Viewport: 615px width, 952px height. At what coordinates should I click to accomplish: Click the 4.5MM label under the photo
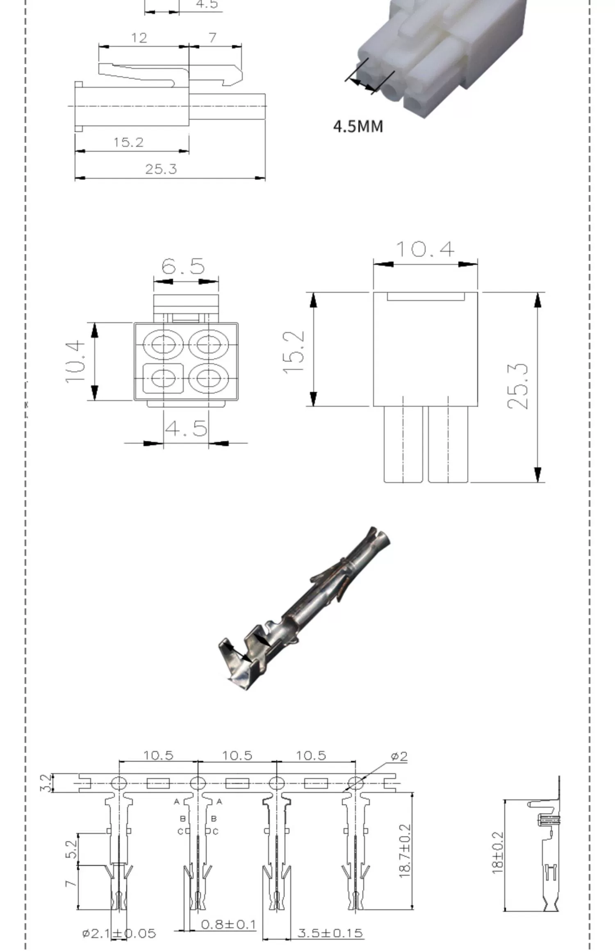pyautogui.click(x=358, y=126)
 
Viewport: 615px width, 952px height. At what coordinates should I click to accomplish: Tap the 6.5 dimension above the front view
pyautogui.click(x=183, y=266)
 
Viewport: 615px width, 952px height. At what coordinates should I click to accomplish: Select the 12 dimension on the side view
pyautogui.click(x=139, y=38)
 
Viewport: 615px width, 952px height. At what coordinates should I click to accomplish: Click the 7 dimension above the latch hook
pyautogui.click(x=212, y=38)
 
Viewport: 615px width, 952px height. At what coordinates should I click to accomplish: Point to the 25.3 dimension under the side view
pyautogui.click(x=161, y=169)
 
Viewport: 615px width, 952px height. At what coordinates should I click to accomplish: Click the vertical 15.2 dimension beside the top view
pyautogui.click(x=294, y=352)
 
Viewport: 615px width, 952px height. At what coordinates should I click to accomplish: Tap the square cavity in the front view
pyautogui.click(x=163, y=377)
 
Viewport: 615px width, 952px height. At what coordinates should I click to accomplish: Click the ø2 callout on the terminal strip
pyautogui.click(x=399, y=756)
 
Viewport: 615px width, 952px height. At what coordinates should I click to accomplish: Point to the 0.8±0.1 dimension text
pyautogui.click(x=228, y=925)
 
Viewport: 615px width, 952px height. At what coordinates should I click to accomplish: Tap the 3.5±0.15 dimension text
pyautogui.click(x=330, y=933)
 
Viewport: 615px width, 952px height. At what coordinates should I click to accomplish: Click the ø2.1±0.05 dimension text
pyautogui.click(x=119, y=934)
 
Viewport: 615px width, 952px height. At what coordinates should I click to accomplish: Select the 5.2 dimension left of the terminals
pyautogui.click(x=71, y=849)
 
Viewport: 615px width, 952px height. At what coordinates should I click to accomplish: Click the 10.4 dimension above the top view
pyautogui.click(x=425, y=249)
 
